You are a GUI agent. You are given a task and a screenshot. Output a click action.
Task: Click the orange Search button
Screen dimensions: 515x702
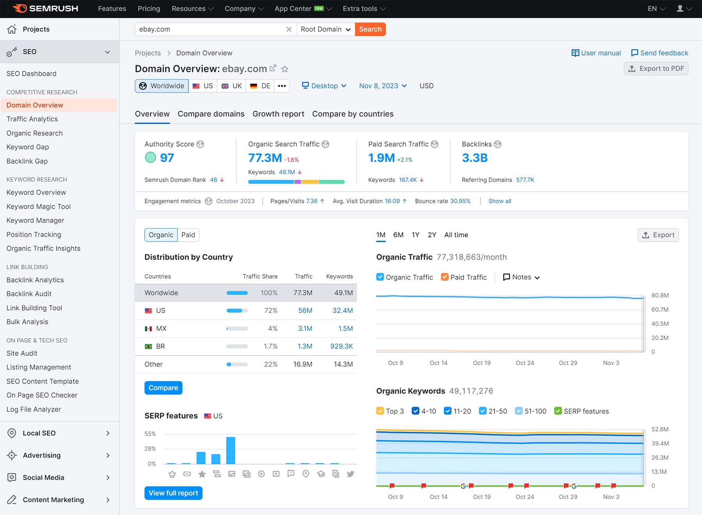[370, 29]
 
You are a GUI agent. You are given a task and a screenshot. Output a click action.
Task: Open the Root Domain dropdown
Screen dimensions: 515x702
[326, 29]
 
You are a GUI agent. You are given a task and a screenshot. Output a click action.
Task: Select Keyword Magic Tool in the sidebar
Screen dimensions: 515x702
[39, 206]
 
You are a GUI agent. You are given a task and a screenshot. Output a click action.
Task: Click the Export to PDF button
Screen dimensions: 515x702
[656, 69]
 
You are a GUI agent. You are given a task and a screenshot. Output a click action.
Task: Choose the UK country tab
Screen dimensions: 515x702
[232, 86]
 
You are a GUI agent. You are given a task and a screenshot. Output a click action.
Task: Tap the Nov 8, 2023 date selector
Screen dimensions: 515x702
[383, 86]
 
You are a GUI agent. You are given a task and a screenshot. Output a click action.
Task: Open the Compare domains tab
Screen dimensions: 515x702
[211, 114]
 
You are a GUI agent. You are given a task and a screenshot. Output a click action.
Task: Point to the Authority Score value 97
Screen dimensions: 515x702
[167, 158]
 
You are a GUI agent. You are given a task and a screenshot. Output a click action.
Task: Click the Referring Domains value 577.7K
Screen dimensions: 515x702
[525, 180]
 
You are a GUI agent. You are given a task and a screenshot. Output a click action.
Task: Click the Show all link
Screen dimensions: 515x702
[500, 201]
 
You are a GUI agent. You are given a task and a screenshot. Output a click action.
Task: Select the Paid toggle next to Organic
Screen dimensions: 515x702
[188, 235]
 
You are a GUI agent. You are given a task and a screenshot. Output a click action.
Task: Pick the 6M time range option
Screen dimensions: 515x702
[398, 235]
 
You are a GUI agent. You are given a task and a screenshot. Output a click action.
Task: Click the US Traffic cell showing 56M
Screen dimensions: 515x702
[305, 311]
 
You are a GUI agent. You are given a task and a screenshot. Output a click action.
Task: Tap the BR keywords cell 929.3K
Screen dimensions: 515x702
[341, 346]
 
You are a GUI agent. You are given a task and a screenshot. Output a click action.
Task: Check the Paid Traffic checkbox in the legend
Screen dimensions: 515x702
[445, 277]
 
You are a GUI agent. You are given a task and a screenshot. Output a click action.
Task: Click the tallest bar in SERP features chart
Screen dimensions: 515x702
[230, 451]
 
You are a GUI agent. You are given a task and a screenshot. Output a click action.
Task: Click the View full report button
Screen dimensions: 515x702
[173, 493]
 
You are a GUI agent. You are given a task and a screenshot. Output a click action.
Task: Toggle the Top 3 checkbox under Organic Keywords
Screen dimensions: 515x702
[380, 411]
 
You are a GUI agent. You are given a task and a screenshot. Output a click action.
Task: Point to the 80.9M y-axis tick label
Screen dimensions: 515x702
[660, 295]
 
